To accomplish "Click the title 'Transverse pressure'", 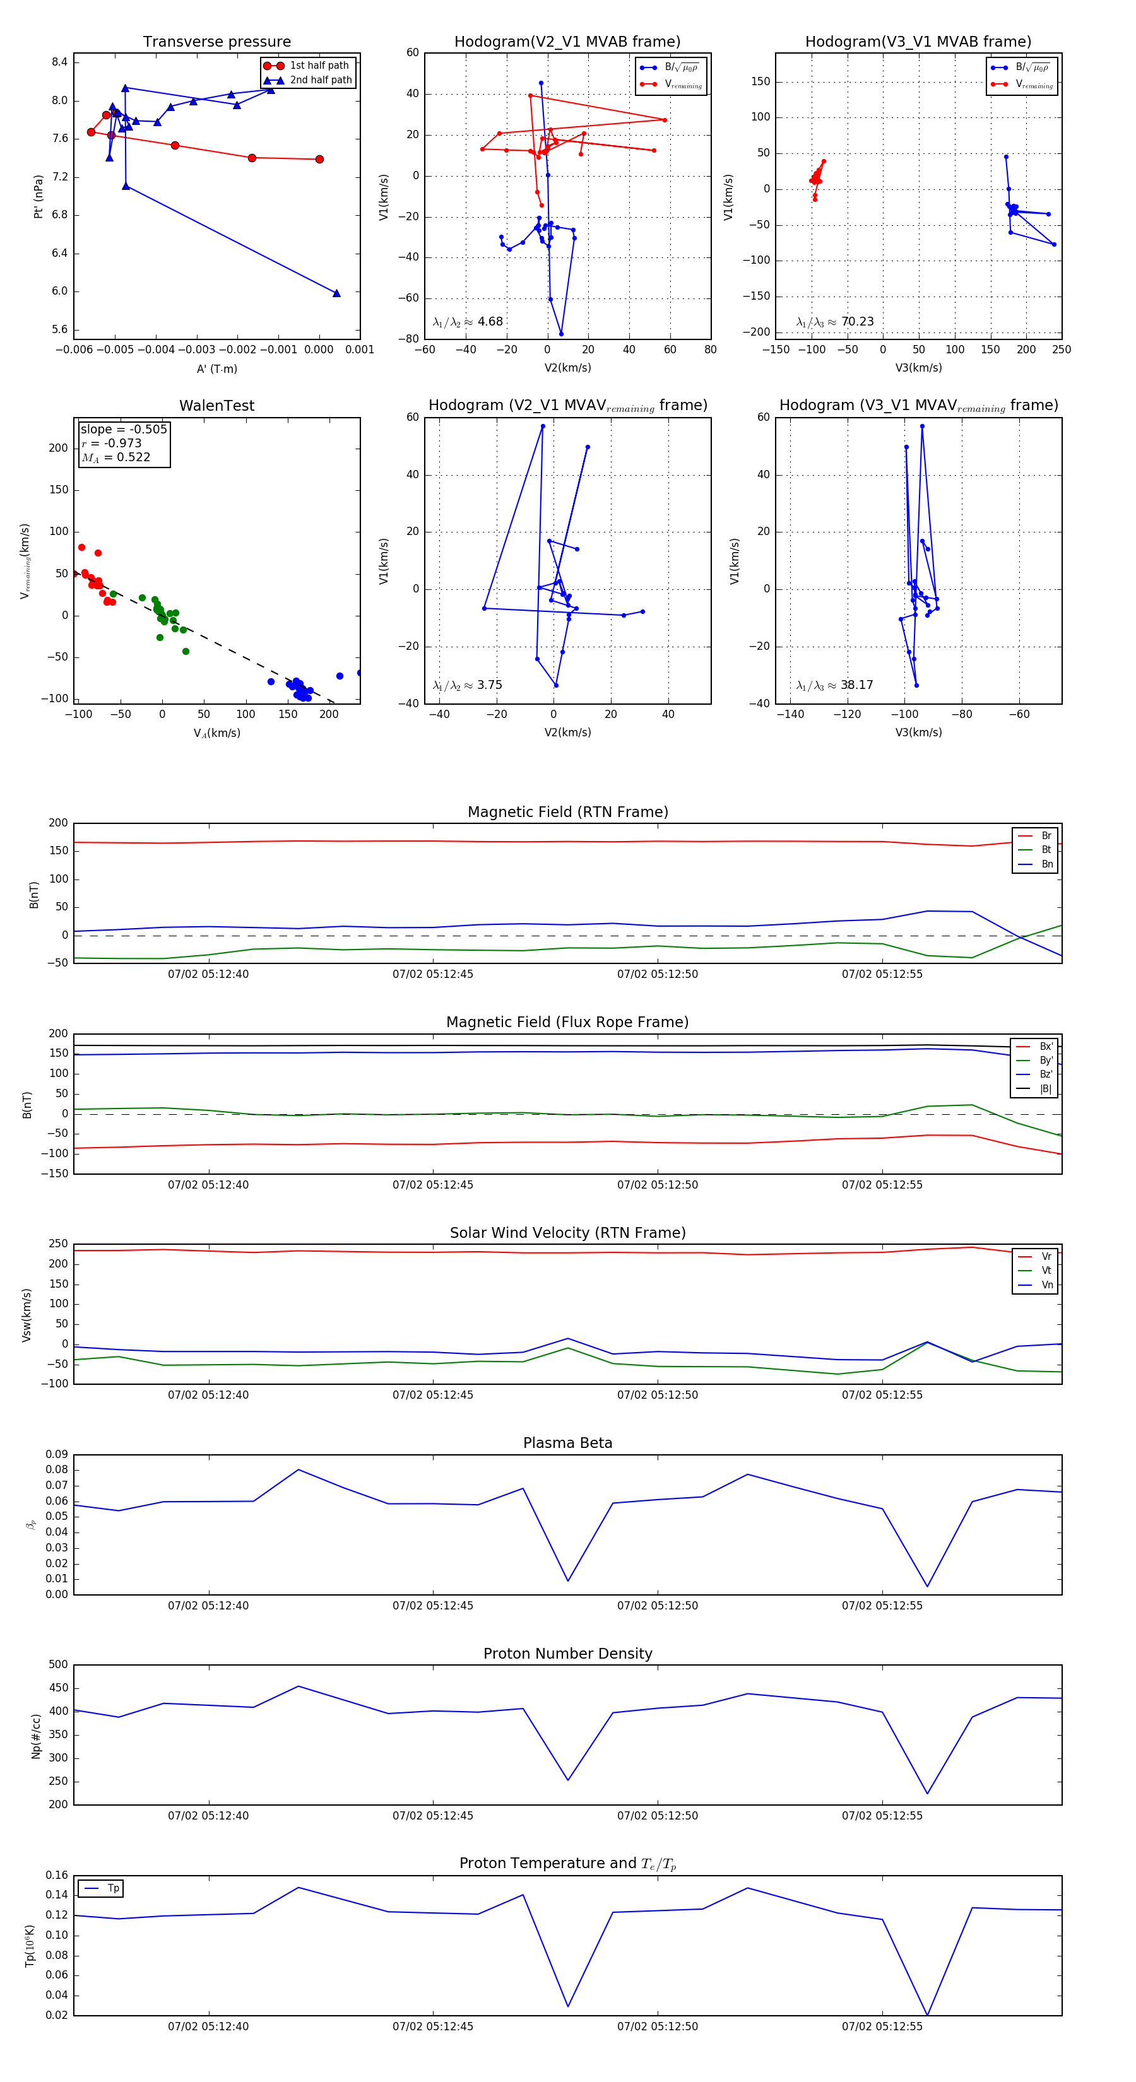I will (x=216, y=42).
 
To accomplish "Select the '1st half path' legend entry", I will (x=319, y=66).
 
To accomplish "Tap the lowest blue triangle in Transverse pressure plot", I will (x=336, y=293).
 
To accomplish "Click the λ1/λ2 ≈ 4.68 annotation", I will (x=467, y=322).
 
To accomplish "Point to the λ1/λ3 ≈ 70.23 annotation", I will (x=834, y=322).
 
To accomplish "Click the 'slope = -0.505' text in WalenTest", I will (x=124, y=429).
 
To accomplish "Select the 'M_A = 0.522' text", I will (x=115, y=457).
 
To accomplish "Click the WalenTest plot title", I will (x=216, y=406).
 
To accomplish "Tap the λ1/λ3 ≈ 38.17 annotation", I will (x=834, y=685).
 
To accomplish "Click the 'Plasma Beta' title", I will (x=567, y=1444).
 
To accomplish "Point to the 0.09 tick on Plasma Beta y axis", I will (x=57, y=1455).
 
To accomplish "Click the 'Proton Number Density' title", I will (x=567, y=1654).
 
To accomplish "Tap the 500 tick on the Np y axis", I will (x=58, y=1665).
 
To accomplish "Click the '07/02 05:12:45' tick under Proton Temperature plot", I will (x=432, y=2026).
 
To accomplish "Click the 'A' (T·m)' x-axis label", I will (x=216, y=368).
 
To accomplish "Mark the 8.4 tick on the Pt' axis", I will (x=59, y=62).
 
